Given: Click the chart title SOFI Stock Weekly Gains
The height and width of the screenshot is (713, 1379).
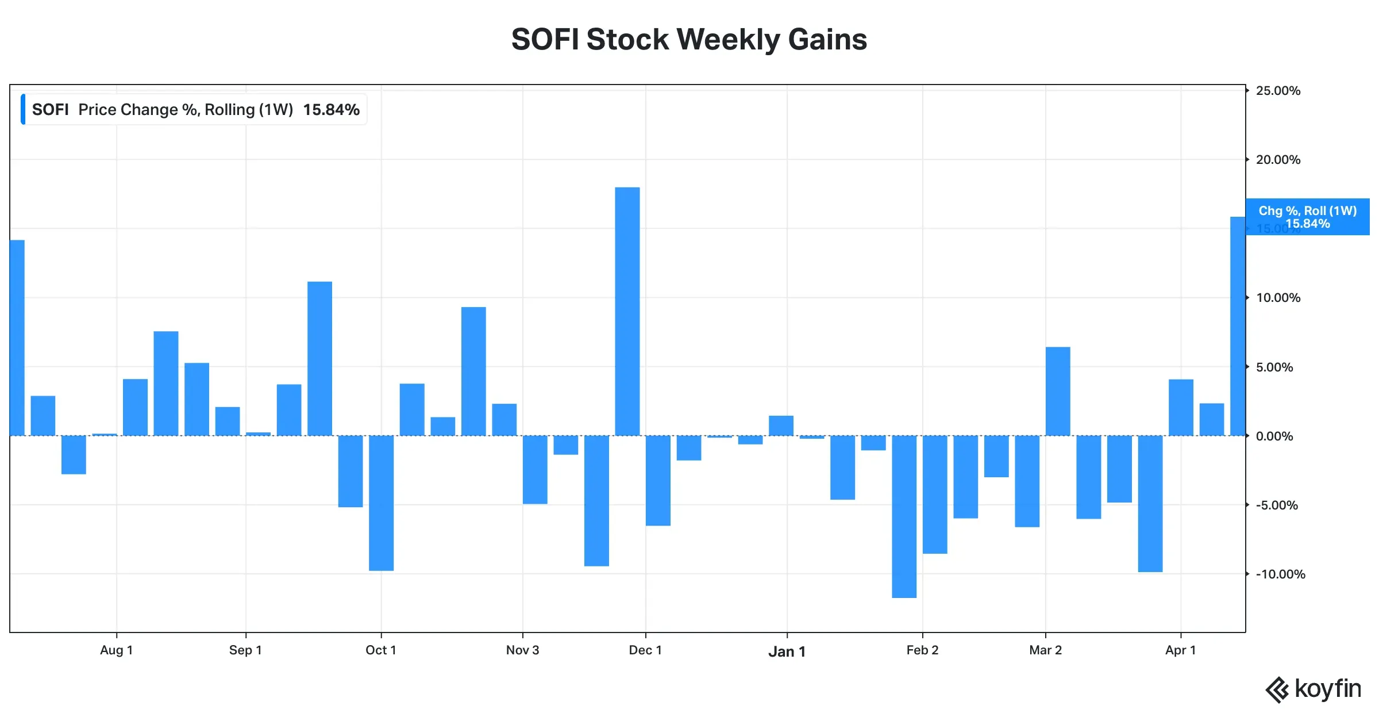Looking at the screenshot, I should [x=689, y=39].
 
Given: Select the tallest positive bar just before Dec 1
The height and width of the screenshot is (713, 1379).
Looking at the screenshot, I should [x=627, y=311].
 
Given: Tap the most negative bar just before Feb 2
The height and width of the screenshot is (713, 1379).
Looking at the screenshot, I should [x=904, y=516].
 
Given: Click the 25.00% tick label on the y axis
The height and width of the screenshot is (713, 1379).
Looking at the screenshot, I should [x=1278, y=91].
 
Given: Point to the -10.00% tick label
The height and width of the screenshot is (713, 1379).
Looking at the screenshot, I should [x=1280, y=574].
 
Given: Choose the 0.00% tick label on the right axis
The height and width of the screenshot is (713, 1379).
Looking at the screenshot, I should [x=1274, y=436].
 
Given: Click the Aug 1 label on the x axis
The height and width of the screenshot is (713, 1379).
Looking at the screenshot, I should [x=116, y=650].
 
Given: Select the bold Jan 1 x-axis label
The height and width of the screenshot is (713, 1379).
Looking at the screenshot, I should [x=787, y=651].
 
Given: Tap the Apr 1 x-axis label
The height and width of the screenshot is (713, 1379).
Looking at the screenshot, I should [x=1180, y=650].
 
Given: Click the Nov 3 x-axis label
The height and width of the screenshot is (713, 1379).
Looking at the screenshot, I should [x=522, y=650].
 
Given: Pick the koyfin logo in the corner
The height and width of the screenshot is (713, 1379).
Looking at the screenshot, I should [x=1313, y=689].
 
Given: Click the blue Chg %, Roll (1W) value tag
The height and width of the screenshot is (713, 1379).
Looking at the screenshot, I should [x=1307, y=217].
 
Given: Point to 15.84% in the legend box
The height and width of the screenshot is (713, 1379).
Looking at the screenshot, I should [x=331, y=110].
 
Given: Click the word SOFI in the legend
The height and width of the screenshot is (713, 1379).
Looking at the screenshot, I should [x=50, y=110].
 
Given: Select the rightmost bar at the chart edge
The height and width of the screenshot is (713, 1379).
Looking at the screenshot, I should [x=1238, y=326].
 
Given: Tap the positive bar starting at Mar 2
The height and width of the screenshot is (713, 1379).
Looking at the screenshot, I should [x=1058, y=391].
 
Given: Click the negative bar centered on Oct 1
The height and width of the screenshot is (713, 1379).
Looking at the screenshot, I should [x=381, y=503].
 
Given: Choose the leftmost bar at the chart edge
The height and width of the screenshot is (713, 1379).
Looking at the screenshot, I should [x=17, y=338].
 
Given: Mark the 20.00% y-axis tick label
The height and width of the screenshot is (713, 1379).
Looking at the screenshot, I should [x=1278, y=160].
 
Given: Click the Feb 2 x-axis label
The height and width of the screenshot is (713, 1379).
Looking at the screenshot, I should [x=922, y=650].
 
